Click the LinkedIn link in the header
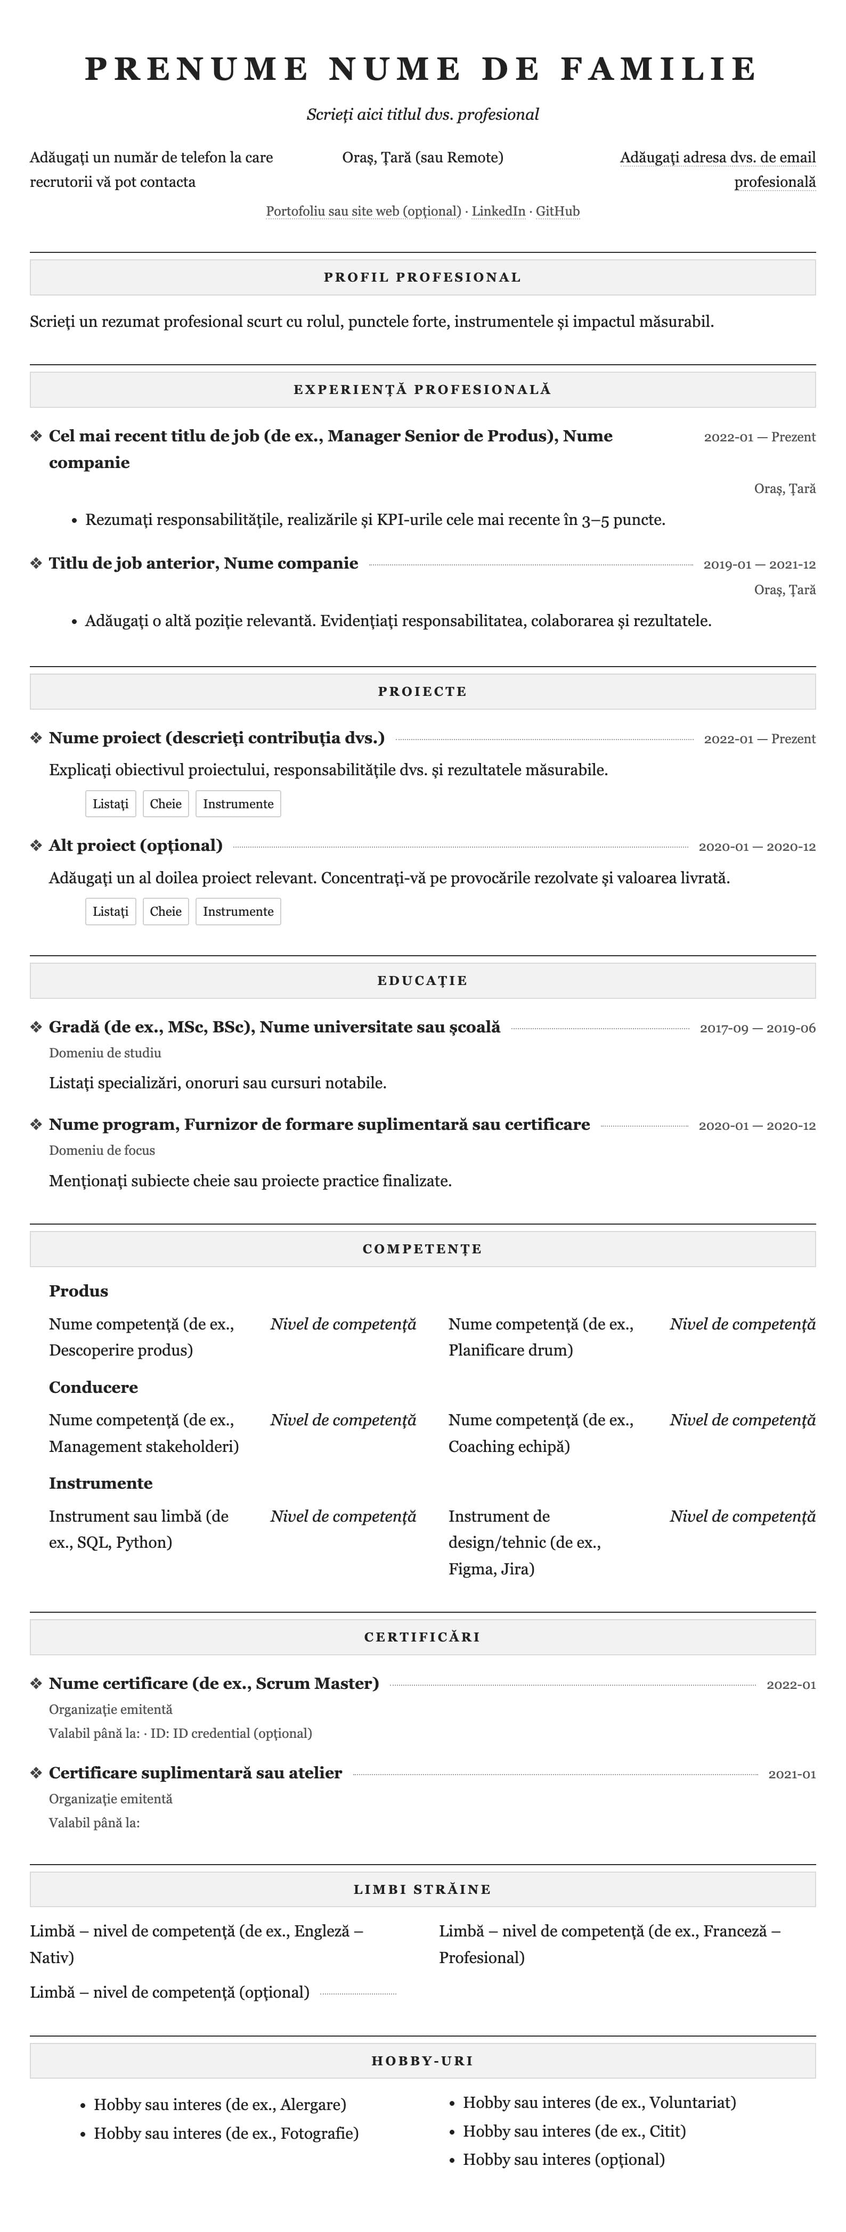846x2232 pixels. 499,211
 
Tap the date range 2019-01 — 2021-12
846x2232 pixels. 759,565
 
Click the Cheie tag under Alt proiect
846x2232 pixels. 166,912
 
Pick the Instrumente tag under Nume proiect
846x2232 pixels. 238,804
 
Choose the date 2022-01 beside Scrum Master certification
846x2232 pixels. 791,1685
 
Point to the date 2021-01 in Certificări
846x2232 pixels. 791,1775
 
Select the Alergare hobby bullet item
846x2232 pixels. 220,2105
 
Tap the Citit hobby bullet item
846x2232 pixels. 574,2131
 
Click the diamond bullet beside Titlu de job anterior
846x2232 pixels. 36,564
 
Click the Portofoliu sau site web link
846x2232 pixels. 363,211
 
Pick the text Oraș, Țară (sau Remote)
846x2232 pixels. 423,158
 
